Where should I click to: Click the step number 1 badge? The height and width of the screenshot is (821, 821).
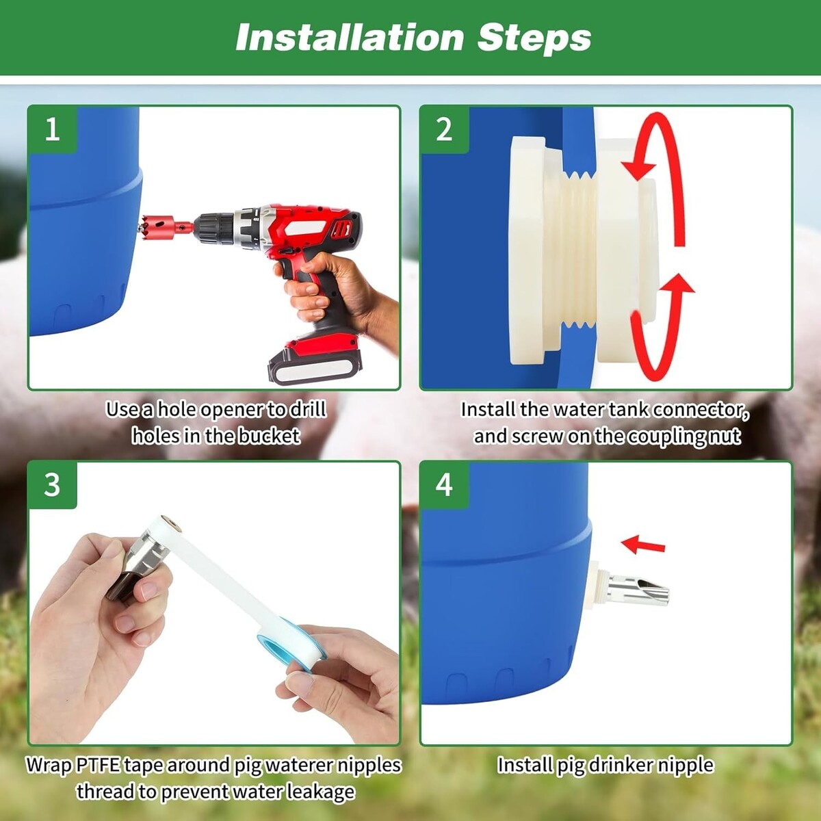click(53, 129)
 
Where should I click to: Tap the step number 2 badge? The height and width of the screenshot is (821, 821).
click(445, 129)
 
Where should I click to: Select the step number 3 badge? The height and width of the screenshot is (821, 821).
click(53, 485)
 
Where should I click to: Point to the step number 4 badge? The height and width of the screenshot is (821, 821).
click(445, 485)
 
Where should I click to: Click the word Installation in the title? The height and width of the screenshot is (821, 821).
click(350, 38)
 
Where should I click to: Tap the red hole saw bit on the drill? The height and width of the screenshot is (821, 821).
click(157, 226)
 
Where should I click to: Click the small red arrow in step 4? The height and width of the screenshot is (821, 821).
click(643, 545)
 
